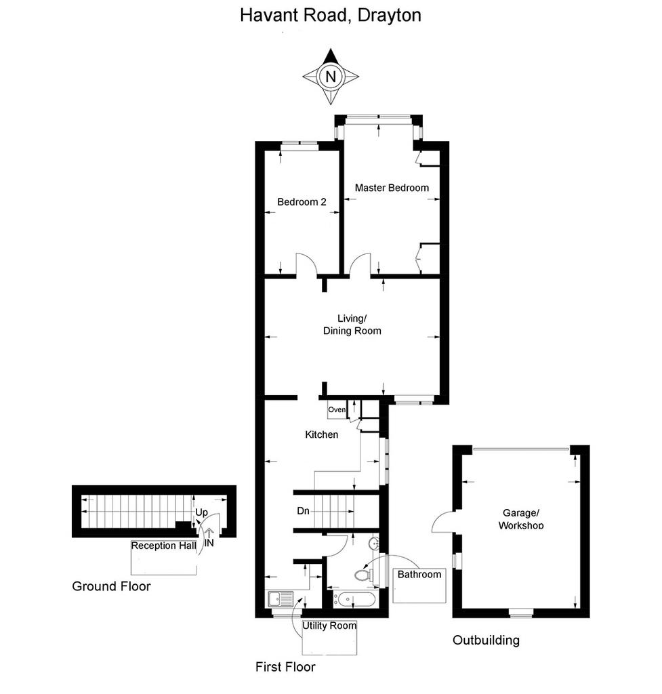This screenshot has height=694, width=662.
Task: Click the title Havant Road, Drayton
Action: tap(330, 16)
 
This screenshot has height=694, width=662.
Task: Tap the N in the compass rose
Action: tap(331, 77)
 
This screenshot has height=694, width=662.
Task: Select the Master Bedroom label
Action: tap(392, 188)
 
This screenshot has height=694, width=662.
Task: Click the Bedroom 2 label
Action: tap(302, 202)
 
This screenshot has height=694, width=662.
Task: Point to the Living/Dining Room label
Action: tap(352, 325)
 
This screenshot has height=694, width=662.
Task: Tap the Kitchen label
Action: tap(322, 434)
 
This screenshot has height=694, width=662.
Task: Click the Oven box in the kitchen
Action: tap(337, 409)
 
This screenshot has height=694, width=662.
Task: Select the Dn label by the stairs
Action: tap(303, 511)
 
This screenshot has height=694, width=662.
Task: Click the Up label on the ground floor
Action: tap(201, 512)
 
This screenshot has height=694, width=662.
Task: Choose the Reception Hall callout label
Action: tap(163, 546)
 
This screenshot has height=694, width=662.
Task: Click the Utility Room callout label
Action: tap(329, 626)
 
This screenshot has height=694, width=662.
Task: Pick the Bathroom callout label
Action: tap(419, 575)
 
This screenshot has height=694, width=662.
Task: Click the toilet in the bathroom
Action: tap(364, 575)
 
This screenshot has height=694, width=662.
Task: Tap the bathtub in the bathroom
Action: tap(354, 600)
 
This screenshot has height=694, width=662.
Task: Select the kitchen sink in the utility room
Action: tap(281, 599)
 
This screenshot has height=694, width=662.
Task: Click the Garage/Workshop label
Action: tap(521, 519)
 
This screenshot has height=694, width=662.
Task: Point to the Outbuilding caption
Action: tap(486, 640)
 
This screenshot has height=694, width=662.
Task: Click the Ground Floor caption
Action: tap(111, 586)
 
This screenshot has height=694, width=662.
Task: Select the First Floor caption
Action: tap(285, 667)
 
